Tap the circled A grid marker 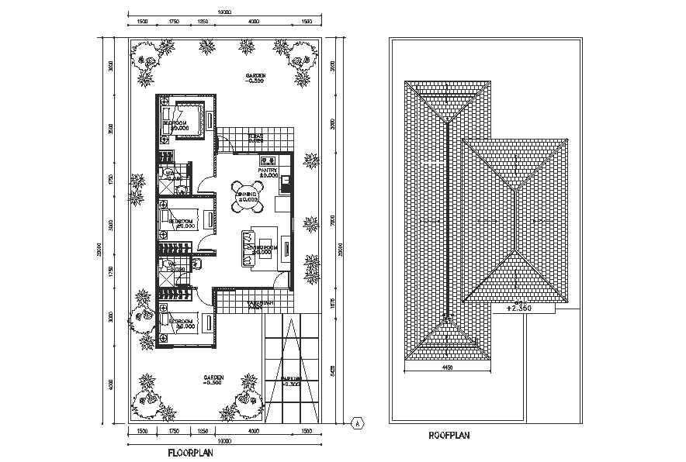click(x=357, y=422)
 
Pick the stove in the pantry click(x=269, y=160)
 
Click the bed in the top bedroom click(x=185, y=118)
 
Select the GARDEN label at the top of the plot click(x=255, y=77)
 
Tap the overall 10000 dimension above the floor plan click(x=224, y=12)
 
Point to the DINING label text click(x=248, y=195)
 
